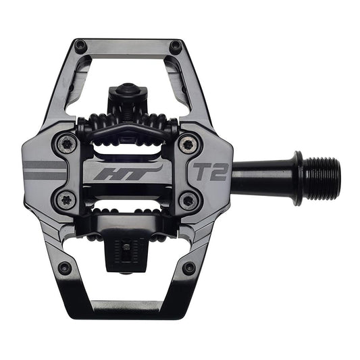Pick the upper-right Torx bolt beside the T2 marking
(188, 143)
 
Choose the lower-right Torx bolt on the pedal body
(188, 201)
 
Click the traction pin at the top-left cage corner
(80, 46)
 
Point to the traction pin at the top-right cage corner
(176, 46)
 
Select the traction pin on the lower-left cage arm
(64, 268)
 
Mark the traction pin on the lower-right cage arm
(190, 268)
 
